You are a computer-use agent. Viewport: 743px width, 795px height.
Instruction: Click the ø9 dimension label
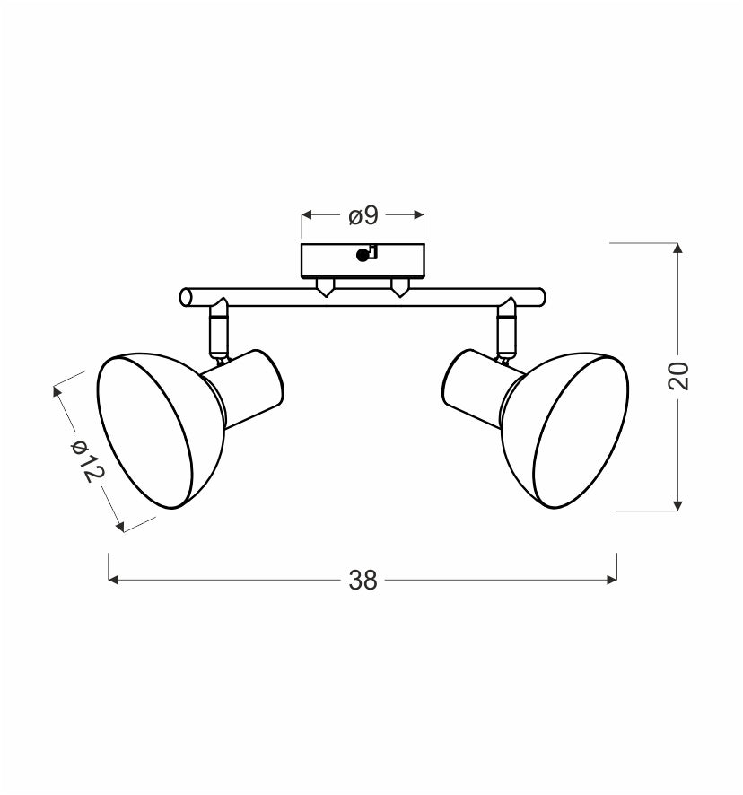click(x=363, y=216)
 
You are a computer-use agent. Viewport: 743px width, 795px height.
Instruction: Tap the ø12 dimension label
click(x=87, y=460)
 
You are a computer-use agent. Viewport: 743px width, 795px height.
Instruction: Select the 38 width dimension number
click(x=363, y=580)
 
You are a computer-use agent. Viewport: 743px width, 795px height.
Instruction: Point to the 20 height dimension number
click(x=678, y=376)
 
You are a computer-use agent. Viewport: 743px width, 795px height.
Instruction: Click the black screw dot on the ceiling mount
click(x=363, y=256)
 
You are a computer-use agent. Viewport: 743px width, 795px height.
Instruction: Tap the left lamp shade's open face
click(x=145, y=432)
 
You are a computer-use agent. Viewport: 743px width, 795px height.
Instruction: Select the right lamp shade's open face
click(x=581, y=432)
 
